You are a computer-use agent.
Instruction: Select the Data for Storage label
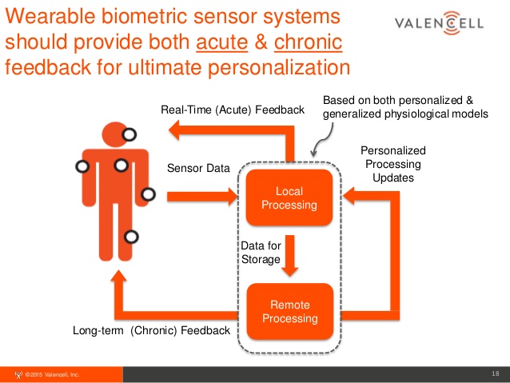261,253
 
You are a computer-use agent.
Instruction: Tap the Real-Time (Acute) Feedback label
233,110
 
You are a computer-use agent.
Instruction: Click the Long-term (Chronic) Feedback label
151,329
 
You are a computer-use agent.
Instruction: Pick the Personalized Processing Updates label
392,164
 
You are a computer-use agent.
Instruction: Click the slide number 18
495,373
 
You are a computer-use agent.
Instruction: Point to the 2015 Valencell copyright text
52,374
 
